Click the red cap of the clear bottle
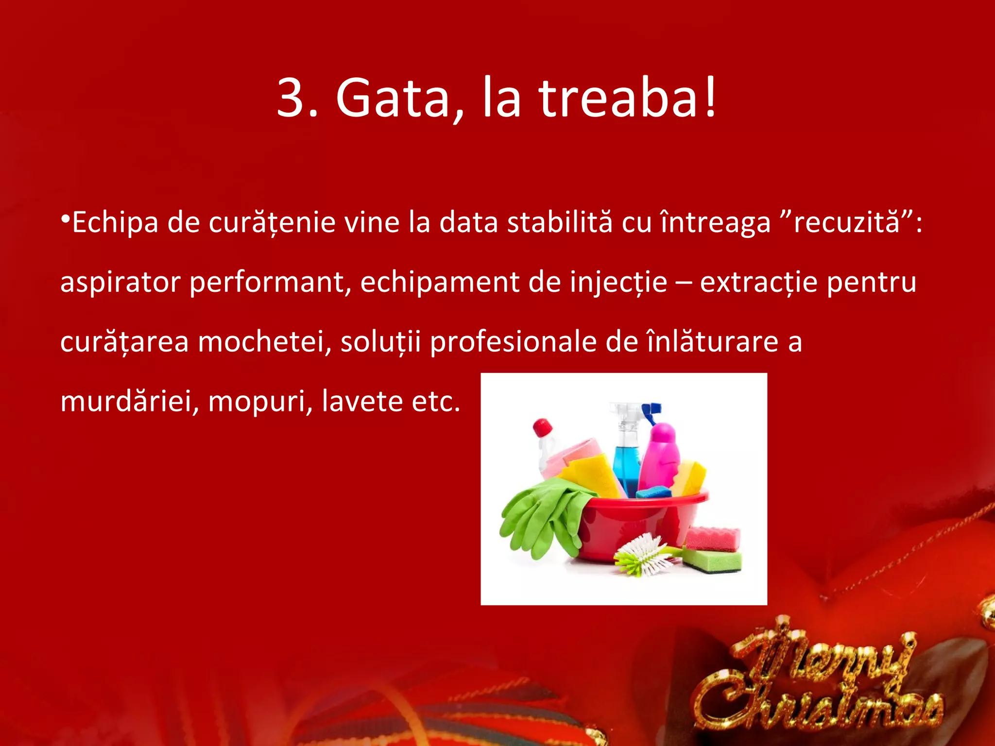pyautogui.click(x=542, y=427)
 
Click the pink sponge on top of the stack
pyautogui.click(x=713, y=539)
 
